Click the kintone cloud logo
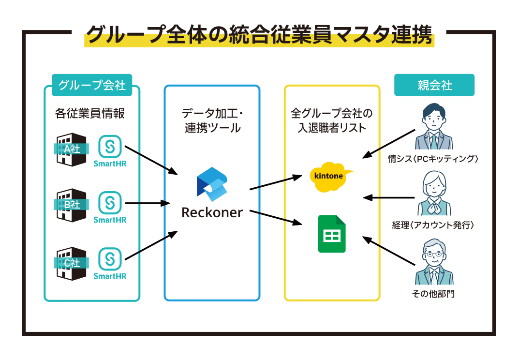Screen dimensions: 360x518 click(331, 177)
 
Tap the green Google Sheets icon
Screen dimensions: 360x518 click(332, 234)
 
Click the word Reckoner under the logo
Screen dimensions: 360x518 click(212, 212)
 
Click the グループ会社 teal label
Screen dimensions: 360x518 click(92, 85)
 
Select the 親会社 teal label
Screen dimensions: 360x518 click(434, 85)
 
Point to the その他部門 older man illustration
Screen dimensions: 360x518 click(434, 262)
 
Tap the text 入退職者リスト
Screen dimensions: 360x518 click(332, 128)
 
